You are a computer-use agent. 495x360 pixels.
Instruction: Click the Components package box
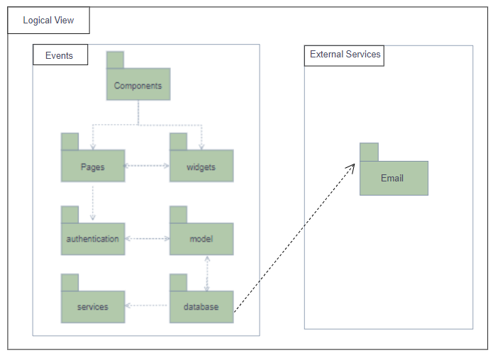click(x=138, y=86)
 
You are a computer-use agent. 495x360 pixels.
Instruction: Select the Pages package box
click(x=93, y=167)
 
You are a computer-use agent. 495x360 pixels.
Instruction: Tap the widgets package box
click(x=201, y=167)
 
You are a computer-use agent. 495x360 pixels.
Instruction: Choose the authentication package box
click(x=93, y=239)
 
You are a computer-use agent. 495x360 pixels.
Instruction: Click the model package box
click(x=201, y=239)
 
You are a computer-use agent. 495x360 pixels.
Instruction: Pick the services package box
click(x=93, y=307)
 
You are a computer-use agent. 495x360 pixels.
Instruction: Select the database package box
click(x=201, y=307)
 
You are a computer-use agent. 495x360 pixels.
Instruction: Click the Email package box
click(x=394, y=178)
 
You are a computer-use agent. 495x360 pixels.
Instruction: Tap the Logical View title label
click(x=49, y=21)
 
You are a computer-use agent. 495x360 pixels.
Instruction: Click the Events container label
click(x=60, y=55)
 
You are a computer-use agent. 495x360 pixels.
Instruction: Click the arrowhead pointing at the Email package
click(x=351, y=167)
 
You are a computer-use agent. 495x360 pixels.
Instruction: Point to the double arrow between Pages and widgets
click(x=148, y=167)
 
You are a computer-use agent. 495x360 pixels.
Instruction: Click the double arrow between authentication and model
click(x=148, y=239)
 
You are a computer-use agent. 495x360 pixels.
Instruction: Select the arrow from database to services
click(x=148, y=306)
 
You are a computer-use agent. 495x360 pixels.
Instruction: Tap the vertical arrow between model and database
click(x=207, y=273)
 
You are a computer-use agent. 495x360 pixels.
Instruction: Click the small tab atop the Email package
click(x=369, y=152)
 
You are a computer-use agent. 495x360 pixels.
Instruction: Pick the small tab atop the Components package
click(x=115, y=60)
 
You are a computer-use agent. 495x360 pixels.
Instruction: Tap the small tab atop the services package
click(x=69, y=282)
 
